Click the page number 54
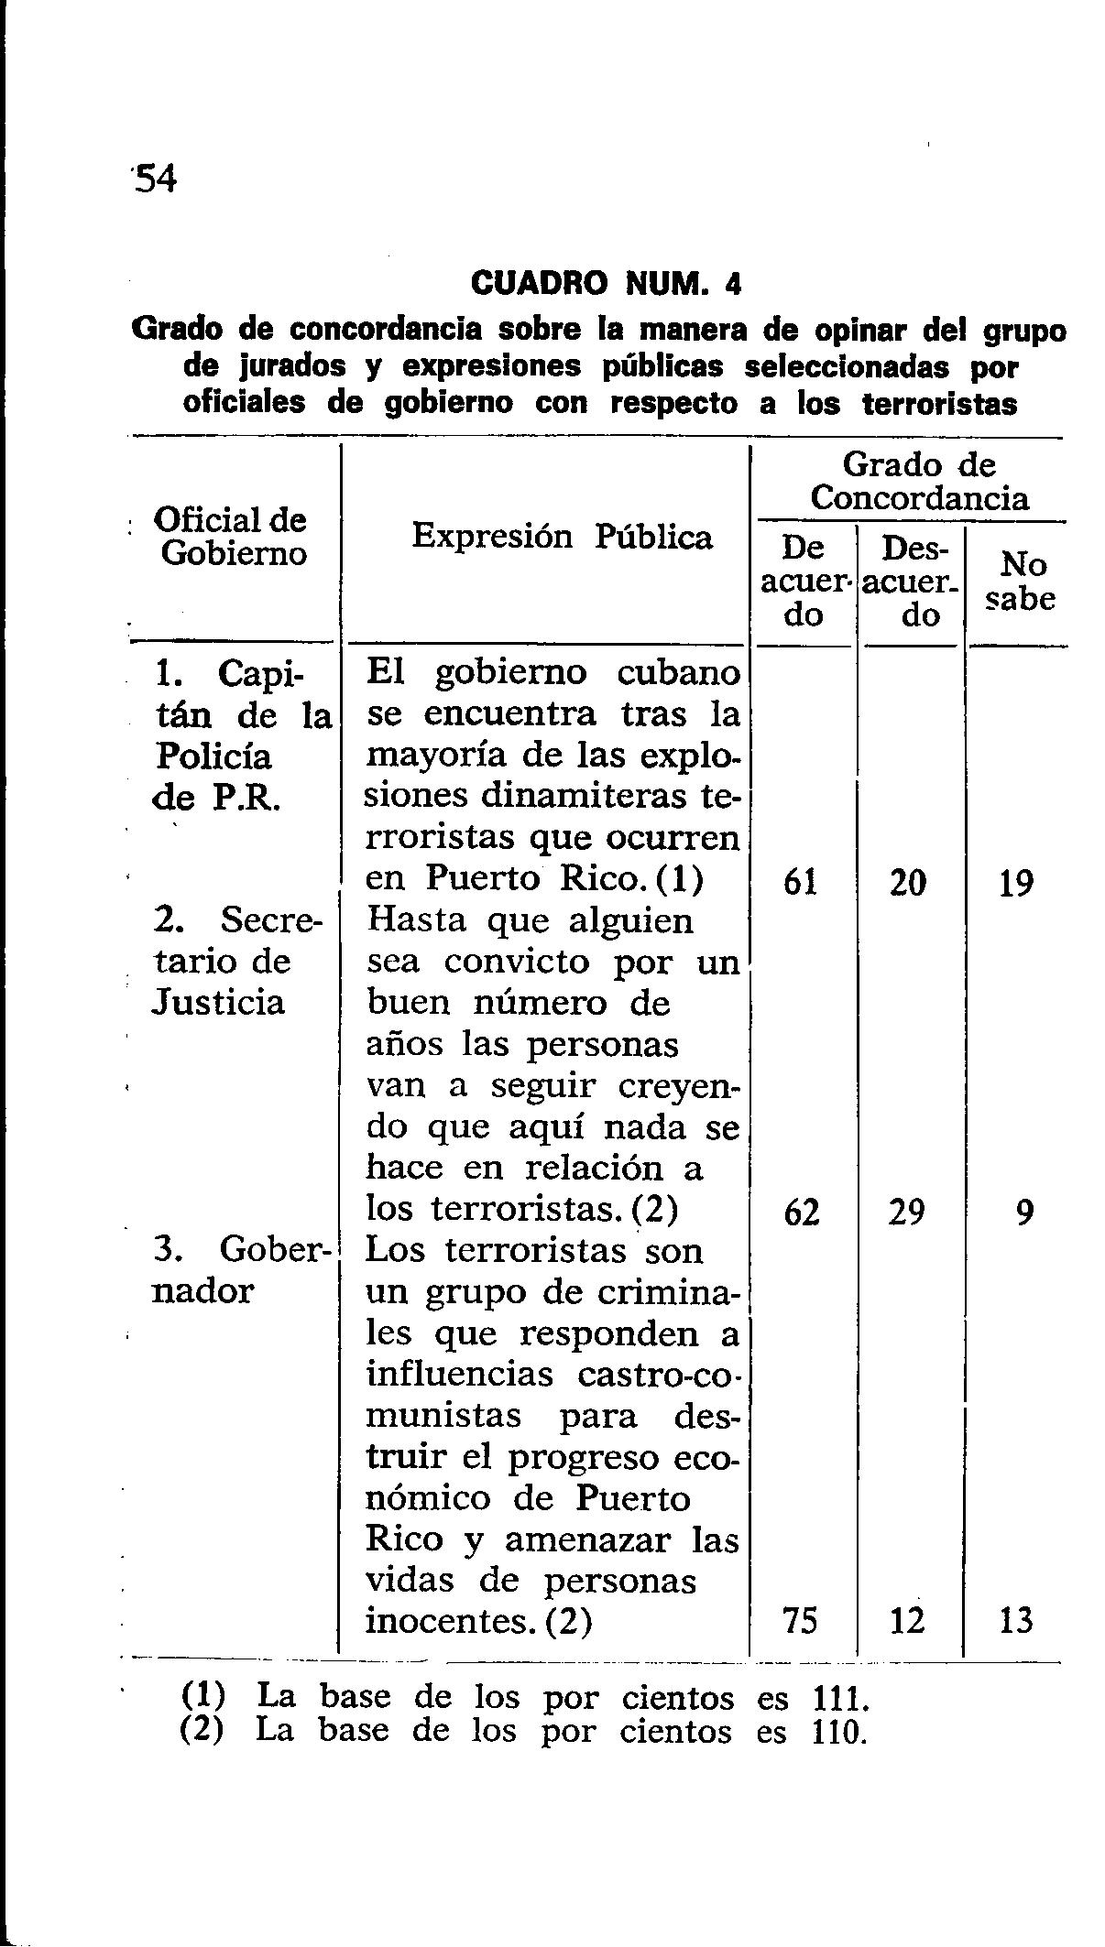(154, 179)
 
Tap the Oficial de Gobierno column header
(233, 537)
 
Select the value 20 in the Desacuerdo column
(908, 882)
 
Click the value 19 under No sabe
(1016, 882)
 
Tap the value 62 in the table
(801, 1213)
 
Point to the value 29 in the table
(908, 1213)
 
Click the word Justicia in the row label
(219, 1003)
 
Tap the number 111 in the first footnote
(837, 1698)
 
